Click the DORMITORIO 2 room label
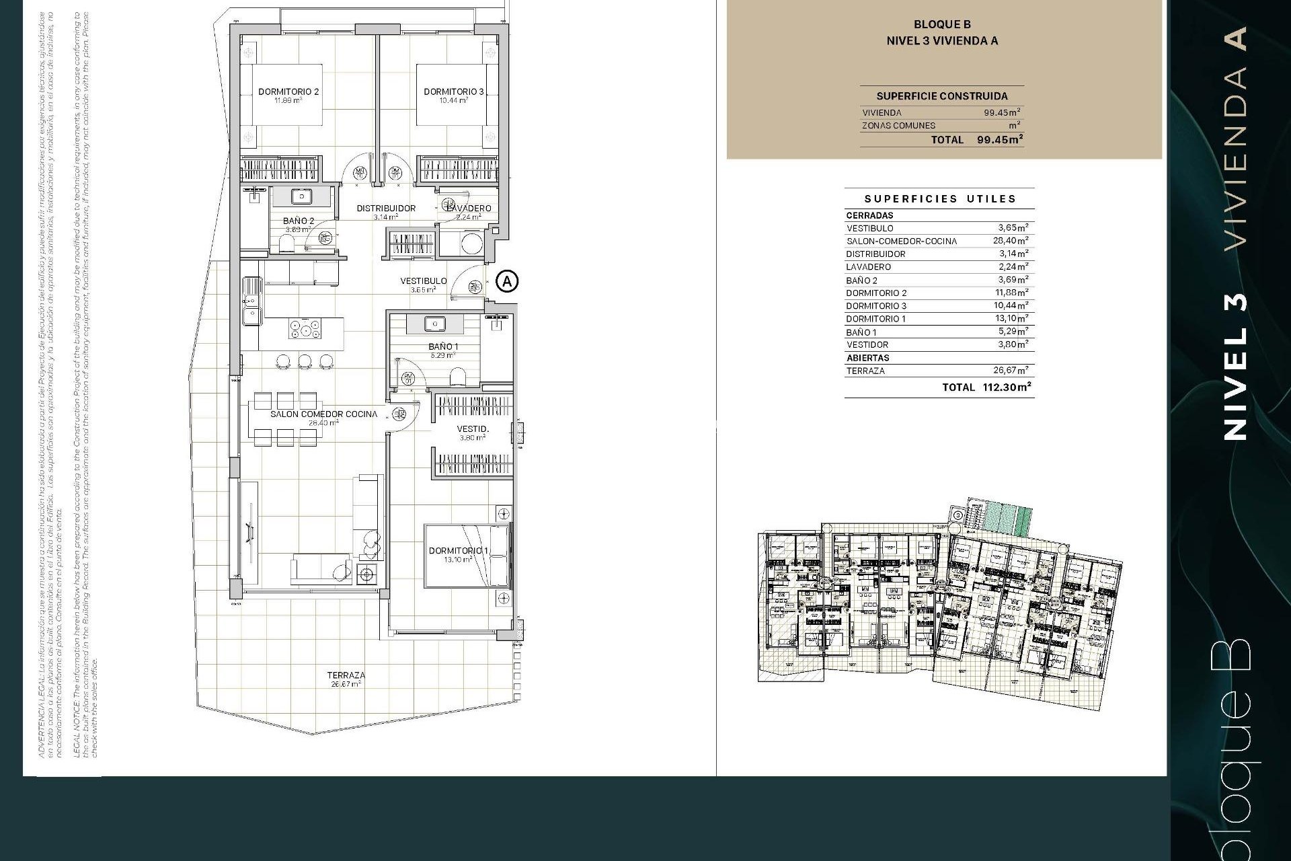pos(288,92)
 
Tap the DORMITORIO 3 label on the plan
pos(453,92)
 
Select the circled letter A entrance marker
pos(508,280)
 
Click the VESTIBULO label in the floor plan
pos(424,281)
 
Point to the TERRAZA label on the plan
pos(346,675)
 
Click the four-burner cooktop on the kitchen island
pos(305,330)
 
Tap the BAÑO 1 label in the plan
pos(443,347)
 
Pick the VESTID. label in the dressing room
pos(473,429)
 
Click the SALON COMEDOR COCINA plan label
pos(323,414)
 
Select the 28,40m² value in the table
pos(1011,241)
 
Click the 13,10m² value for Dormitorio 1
pos(1011,319)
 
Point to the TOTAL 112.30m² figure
pos(986,387)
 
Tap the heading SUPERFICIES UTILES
pos(940,199)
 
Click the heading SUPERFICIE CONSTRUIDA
pos(941,96)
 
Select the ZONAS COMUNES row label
pos(898,126)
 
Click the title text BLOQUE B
pos(941,25)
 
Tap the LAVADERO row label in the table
pos(868,267)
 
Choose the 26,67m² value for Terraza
pos(1011,371)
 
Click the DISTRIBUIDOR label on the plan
pos(386,209)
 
